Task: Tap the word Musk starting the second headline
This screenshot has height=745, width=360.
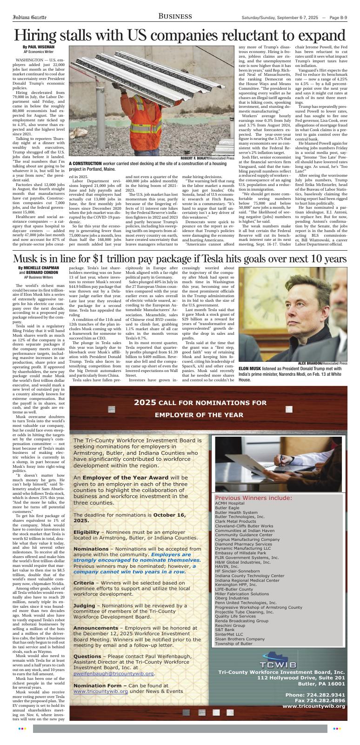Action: coord(28,259)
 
